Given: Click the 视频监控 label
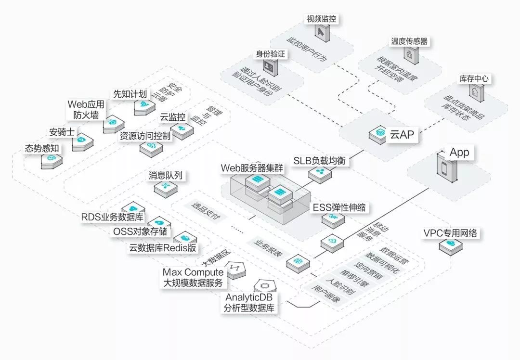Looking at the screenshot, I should [x=321, y=19].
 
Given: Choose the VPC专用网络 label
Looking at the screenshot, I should [x=450, y=233].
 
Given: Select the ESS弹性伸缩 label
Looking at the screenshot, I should [x=339, y=208].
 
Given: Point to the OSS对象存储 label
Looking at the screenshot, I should [x=140, y=231].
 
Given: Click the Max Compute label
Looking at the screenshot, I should [x=193, y=273].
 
